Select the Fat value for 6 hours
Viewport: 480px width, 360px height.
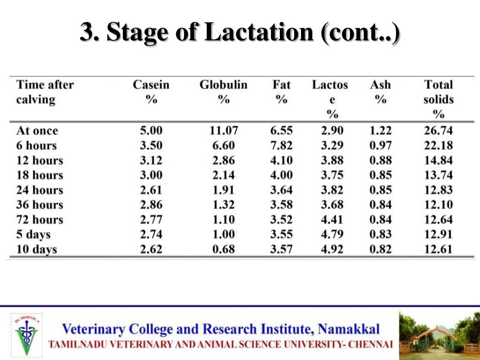[281, 145]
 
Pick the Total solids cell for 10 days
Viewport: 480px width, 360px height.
[438, 249]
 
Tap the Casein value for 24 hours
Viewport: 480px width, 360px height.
[151, 190]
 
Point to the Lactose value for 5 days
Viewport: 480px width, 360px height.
[332, 234]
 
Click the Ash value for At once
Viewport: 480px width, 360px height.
[380, 130]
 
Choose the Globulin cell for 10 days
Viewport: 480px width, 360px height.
[223, 249]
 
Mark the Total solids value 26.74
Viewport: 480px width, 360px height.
[438, 130]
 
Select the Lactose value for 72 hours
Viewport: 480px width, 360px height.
[332, 219]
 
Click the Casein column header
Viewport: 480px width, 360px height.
[151, 92]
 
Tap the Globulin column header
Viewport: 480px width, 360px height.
[223, 92]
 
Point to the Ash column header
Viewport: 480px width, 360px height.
[380, 92]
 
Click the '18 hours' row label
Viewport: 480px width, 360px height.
[39, 175]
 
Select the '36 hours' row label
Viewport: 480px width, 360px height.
[39, 205]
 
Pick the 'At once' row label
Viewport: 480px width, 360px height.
[37, 130]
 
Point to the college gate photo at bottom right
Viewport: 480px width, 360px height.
[439, 333]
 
